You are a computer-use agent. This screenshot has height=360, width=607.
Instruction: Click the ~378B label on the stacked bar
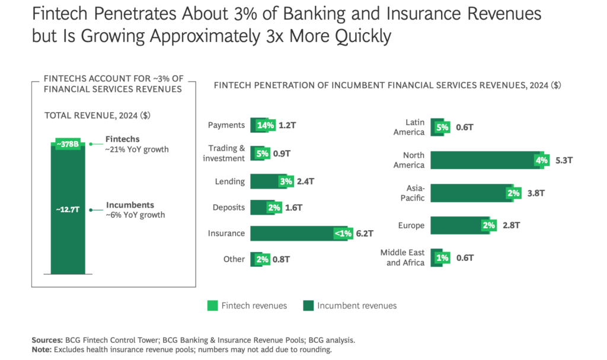tap(68, 144)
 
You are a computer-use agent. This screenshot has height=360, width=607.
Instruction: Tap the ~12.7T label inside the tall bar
tap(68, 209)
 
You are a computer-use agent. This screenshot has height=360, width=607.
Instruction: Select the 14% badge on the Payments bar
tap(266, 125)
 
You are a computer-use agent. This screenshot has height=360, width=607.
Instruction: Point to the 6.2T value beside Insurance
tap(365, 233)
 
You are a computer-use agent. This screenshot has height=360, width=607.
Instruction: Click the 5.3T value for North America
tap(564, 161)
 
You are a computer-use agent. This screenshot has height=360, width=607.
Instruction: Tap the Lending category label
tap(230, 181)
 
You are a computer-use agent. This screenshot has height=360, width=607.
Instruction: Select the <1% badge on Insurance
tap(343, 233)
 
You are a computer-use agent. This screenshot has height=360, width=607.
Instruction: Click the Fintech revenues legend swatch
tap(213, 306)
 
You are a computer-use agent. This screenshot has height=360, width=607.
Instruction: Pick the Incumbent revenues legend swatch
tap(308, 306)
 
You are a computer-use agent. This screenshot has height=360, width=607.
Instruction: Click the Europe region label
tap(411, 225)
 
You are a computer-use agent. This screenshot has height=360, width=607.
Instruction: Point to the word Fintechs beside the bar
tap(122, 139)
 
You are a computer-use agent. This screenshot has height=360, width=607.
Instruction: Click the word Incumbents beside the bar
tap(130, 205)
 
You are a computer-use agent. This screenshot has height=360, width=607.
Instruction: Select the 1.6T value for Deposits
tap(294, 208)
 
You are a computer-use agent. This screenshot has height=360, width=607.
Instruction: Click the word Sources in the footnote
tap(47, 340)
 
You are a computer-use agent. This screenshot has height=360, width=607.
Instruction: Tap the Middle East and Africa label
tap(402, 258)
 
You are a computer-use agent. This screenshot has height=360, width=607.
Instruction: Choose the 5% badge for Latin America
tap(442, 127)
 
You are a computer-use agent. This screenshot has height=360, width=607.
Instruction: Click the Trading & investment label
tap(223, 153)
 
